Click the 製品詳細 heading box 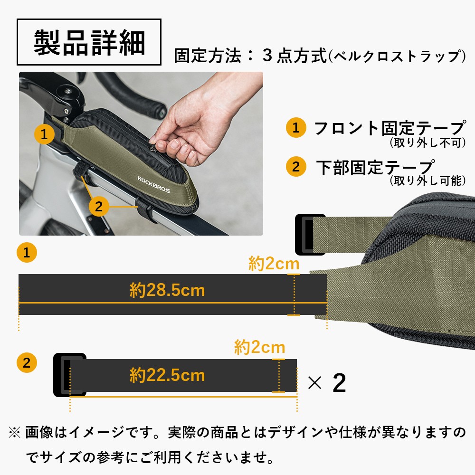[89, 42]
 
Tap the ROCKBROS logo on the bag [153, 184]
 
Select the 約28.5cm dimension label [167, 290]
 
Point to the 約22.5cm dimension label [167, 375]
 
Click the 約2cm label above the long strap [274, 264]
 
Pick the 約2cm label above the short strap [259, 348]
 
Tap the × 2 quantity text [327, 383]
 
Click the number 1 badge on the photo [44, 134]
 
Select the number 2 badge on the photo [99, 206]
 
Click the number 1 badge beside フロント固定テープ [296, 128]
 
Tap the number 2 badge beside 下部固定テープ [296, 167]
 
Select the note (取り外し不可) [427, 142]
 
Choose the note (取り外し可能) [427, 180]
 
